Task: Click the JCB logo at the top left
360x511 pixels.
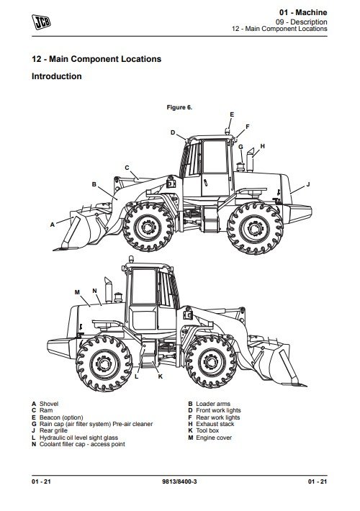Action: (41, 22)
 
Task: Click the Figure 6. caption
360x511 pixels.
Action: (179, 107)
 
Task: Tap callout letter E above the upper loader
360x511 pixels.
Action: (232, 114)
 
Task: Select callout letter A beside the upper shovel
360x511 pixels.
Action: (52, 225)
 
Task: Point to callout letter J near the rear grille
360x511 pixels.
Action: (308, 185)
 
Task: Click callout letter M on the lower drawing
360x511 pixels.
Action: (77, 292)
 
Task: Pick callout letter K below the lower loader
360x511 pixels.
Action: (160, 376)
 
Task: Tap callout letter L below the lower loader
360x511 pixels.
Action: (137, 376)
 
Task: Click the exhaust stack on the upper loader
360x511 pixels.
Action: (250, 160)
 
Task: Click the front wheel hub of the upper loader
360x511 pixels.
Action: (148, 227)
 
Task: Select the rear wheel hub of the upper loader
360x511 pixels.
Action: (255, 228)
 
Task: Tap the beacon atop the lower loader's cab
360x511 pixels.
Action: (131, 259)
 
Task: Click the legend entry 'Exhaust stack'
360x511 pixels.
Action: (215, 424)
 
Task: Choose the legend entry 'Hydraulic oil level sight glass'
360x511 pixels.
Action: (78, 438)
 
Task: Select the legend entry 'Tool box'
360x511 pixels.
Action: (207, 430)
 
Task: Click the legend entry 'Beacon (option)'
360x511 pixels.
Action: (61, 417)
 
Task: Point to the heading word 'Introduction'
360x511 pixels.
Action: (57, 76)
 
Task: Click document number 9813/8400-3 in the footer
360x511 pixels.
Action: (179, 481)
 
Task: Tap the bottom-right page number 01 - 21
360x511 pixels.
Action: (318, 481)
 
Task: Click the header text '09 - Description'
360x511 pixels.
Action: (301, 22)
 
